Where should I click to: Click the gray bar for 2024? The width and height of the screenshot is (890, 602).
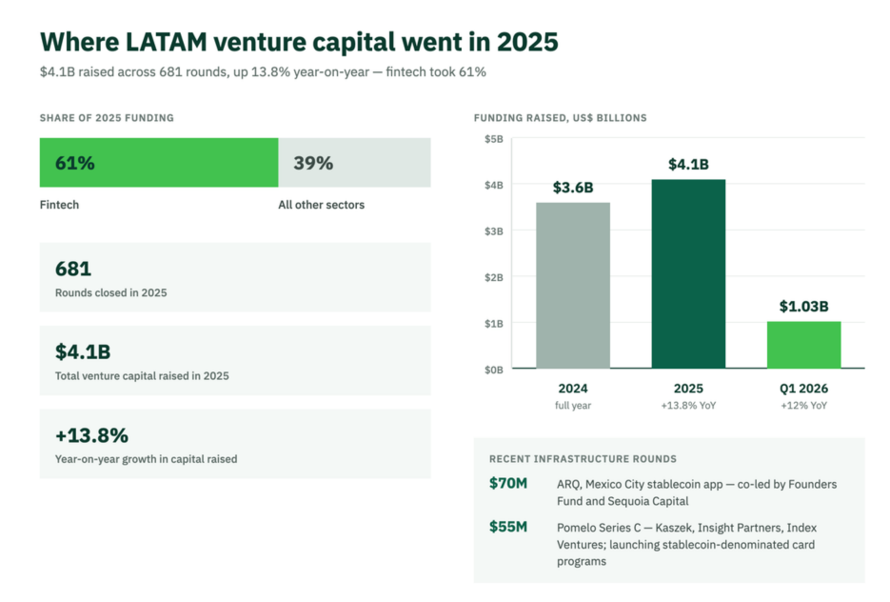pos(573,285)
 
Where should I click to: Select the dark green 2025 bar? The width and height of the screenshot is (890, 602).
pos(688,273)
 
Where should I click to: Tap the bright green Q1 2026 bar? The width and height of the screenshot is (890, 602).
pos(803,345)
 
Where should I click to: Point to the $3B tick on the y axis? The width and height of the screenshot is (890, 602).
pos(494,231)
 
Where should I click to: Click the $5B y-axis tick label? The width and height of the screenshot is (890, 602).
pos(494,139)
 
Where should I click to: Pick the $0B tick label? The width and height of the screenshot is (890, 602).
pos(494,371)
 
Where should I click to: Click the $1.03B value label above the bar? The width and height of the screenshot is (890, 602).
pos(803,307)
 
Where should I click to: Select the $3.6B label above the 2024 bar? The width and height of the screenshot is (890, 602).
pos(573,188)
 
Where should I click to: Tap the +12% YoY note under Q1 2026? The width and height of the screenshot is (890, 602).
pos(803,406)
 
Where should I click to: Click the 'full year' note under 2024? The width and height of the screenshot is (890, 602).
pos(573,406)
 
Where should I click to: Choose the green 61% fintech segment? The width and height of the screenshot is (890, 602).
pos(159,163)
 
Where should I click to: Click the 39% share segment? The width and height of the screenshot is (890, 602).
pos(354,163)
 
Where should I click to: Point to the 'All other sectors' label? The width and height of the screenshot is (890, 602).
pos(322,205)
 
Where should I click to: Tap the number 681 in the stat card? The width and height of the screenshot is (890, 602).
pos(73,269)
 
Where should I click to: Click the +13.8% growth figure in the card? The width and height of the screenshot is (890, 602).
pos(92,435)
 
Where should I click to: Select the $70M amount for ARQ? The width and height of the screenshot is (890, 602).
pos(508,483)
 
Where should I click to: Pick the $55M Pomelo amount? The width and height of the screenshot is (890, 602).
pos(508,527)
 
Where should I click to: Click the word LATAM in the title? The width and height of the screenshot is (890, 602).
pos(166,42)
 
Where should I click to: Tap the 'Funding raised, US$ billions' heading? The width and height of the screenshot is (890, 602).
pos(561,118)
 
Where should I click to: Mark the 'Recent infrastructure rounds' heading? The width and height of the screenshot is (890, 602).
pos(583,459)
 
